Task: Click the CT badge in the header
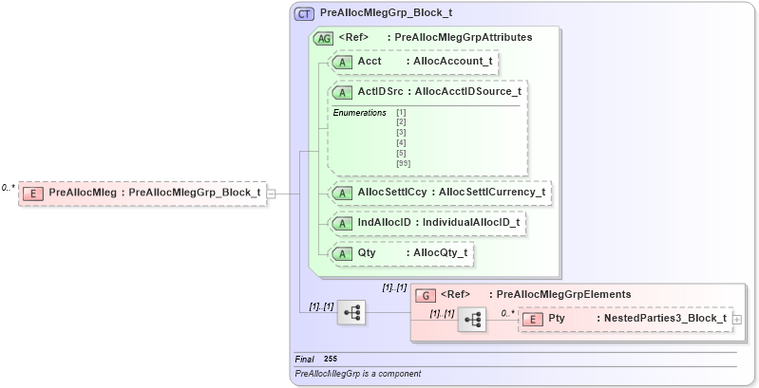point(305,14)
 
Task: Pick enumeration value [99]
point(402,161)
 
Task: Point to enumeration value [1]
point(401,114)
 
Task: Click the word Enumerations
point(359,113)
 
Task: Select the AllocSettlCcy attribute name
point(391,193)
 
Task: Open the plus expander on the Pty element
point(736,320)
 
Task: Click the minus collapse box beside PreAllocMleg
point(272,193)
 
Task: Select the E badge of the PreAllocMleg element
point(33,193)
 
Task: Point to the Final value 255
point(331,359)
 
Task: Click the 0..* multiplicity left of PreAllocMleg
point(9,188)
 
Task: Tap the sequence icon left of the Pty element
point(471,320)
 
